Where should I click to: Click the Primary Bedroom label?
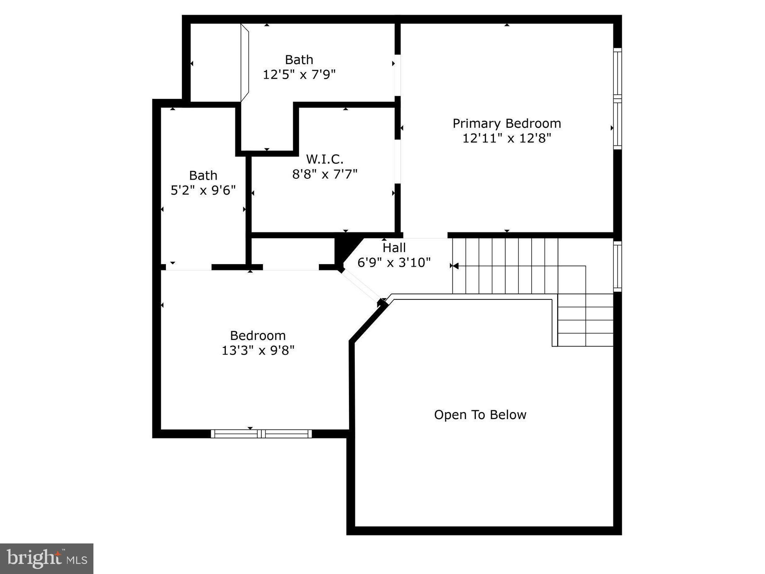coord(507,124)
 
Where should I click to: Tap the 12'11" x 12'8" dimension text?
coord(507,138)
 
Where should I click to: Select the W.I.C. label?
coord(325,159)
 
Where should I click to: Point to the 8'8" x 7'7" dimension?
coord(325,174)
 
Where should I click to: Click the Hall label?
coord(394,247)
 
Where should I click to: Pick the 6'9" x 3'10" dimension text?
coord(394,263)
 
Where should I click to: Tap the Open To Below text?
coord(480,415)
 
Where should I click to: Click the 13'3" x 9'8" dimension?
coord(258,350)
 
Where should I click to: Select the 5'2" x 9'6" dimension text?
coord(203,190)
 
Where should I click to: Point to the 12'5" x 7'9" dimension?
coord(299,75)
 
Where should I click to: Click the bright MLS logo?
coord(47,559)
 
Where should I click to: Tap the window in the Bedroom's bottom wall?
coord(261,434)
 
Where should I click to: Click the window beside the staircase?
coord(618,266)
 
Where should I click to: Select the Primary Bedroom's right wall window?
coord(618,99)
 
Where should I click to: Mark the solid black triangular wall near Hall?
coord(344,249)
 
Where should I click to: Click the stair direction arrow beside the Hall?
coord(455,266)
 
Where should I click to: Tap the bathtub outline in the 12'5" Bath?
coord(245,63)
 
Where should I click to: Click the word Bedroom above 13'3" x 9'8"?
coord(258,335)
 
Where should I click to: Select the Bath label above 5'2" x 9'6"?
coord(203,175)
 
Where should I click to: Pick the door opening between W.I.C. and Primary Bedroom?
coord(398,161)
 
